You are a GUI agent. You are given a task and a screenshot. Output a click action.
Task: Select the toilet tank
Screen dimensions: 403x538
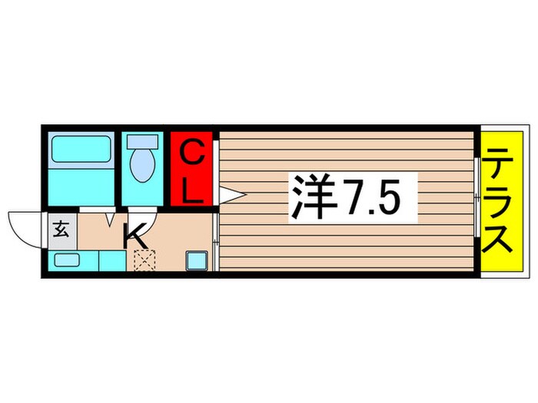point(141,142)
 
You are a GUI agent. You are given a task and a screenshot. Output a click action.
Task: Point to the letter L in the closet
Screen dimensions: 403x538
point(192,188)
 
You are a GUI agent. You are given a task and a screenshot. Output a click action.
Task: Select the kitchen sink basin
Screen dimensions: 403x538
point(67,260)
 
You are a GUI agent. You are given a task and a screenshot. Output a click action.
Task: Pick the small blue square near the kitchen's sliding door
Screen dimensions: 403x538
point(196,259)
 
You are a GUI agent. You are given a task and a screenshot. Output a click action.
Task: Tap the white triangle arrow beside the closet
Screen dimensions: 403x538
point(231,196)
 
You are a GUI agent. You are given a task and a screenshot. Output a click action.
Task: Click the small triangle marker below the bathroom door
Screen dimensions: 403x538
point(110,220)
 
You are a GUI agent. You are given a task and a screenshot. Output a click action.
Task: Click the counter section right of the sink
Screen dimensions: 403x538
point(111,260)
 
